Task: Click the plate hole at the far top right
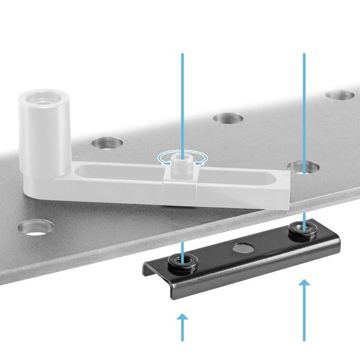[x=340, y=95]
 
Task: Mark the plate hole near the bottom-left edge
[x=35, y=227]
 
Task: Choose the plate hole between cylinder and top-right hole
[x=227, y=118]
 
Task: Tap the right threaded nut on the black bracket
[x=303, y=229]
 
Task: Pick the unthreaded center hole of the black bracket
[x=244, y=247]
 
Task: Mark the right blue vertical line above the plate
[x=304, y=102]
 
